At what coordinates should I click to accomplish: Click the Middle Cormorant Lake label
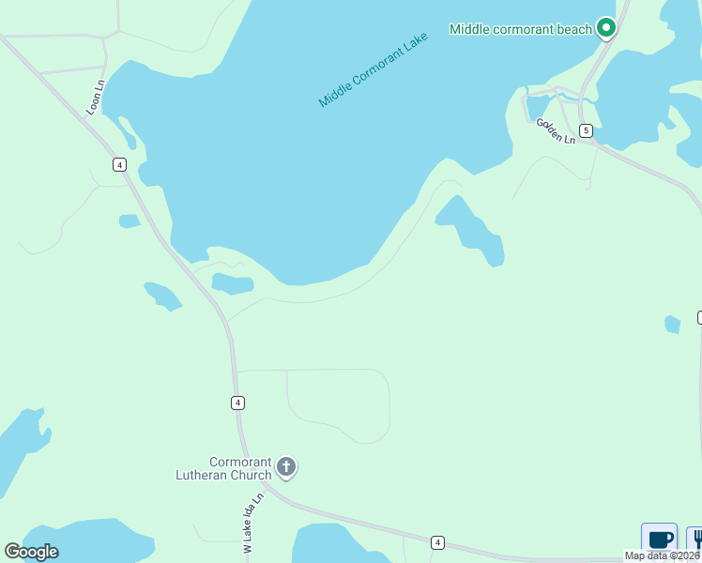pyautogui.click(x=373, y=69)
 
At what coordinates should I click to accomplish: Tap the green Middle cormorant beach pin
pyautogui.click(x=606, y=29)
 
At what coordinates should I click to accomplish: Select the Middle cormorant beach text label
pyautogui.click(x=521, y=29)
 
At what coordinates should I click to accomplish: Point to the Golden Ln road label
pyautogui.click(x=556, y=130)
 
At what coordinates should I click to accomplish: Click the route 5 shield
pyautogui.click(x=586, y=129)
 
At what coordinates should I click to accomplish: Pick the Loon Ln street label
pyautogui.click(x=95, y=98)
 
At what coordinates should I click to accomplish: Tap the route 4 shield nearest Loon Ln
pyautogui.click(x=119, y=164)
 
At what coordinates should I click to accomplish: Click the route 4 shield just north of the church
pyautogui.click(x=238, y=403)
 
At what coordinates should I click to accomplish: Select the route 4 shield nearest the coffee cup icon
pyautogui.click(x=437, y=542)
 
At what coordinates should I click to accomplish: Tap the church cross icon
pyautogui.click(x=286, y=466)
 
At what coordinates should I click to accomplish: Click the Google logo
pyautogui.click(x=31, y=552)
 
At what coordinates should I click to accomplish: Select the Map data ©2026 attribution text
pyautogui.click(x=662, y=555)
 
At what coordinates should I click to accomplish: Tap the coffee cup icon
pyautogui.click(x=660, y=540)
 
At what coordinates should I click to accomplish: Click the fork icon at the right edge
pyautogui.click(x=696, y=540)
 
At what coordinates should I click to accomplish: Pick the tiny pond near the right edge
pyautogui.click(x=672, y=324)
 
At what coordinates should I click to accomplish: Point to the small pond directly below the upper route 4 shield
pyautogui.click(x=130, y=221)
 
